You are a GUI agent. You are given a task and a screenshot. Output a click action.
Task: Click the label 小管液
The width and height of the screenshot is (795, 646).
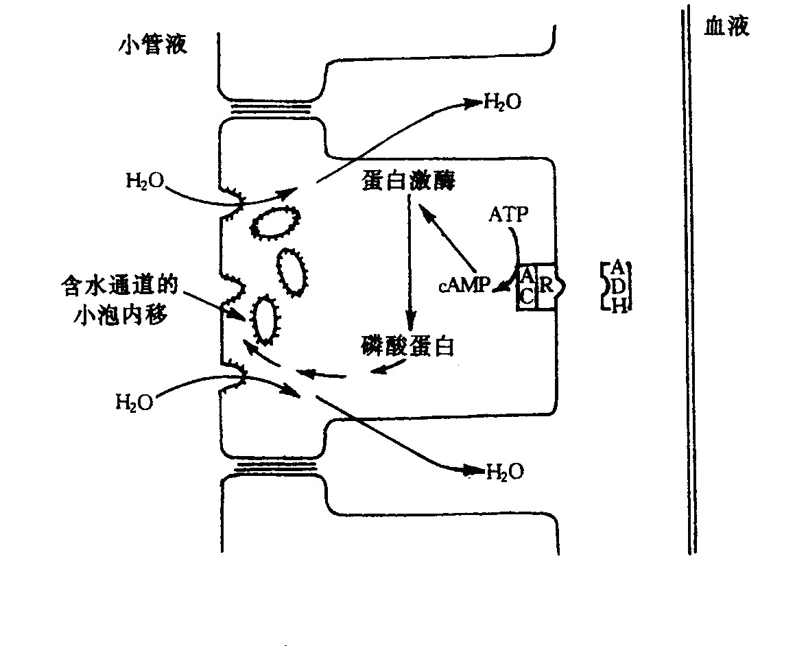152,46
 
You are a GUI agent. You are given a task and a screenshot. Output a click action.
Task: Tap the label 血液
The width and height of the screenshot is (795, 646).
727,27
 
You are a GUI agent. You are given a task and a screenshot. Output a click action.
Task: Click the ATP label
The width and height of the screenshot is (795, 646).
508,215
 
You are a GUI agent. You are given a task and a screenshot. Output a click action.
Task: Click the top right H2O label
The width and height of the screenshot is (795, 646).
502,103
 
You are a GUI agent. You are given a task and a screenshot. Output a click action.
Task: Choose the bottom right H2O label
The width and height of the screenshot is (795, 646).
505,471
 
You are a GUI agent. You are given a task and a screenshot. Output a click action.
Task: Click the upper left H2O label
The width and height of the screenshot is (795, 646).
143,181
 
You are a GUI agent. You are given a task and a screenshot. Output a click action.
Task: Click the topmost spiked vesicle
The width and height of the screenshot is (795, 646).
276,222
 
